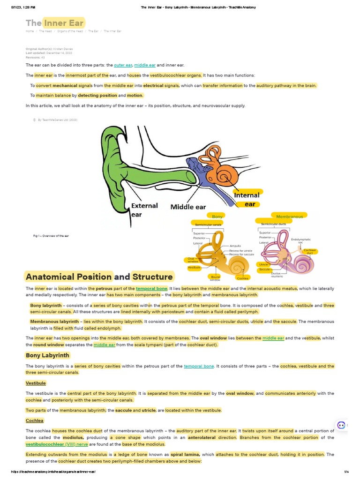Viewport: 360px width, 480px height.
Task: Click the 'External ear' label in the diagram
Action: click(x=144, y=210)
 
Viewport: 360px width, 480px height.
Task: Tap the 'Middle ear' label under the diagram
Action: click(x=188, y=206)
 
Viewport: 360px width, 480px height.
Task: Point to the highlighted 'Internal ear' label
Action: click(x=247, y=199)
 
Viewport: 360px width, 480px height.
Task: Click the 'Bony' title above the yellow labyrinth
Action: click(x=217, y=217)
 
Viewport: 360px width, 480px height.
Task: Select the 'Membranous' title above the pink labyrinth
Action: click(x=289, y=217)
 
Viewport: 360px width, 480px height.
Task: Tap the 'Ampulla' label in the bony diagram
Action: click(x=235, y=246)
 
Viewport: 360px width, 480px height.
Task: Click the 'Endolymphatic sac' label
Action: click(x=298, y=240)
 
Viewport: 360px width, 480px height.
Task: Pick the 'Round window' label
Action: click(x=216, y=278)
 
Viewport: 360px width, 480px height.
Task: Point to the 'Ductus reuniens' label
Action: click(x=277, y=275)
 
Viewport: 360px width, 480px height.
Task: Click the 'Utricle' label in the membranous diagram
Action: click(x=263, y=264)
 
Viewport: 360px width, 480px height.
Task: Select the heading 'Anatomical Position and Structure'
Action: click(x=99, y=276)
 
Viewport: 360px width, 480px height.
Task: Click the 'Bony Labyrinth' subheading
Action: click(x=47, y=355)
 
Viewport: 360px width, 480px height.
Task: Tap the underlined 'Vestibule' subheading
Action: click(x=36, y=383)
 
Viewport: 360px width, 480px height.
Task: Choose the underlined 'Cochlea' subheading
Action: click(x=35, y=420)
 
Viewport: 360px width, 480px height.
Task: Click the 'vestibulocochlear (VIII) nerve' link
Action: click(x=57, y=444)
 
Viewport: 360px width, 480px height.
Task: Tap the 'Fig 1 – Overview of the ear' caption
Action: click(x=48, y=236)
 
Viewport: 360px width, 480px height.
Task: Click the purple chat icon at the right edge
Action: click(x=341, y=425)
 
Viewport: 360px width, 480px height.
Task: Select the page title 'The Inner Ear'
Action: click(x=55, y=23)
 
